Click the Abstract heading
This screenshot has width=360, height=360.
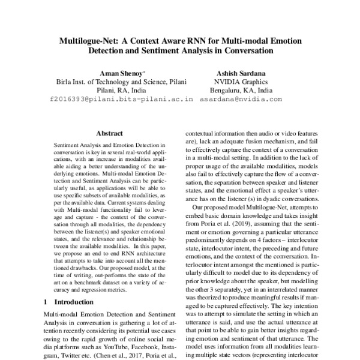coord(109,133)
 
